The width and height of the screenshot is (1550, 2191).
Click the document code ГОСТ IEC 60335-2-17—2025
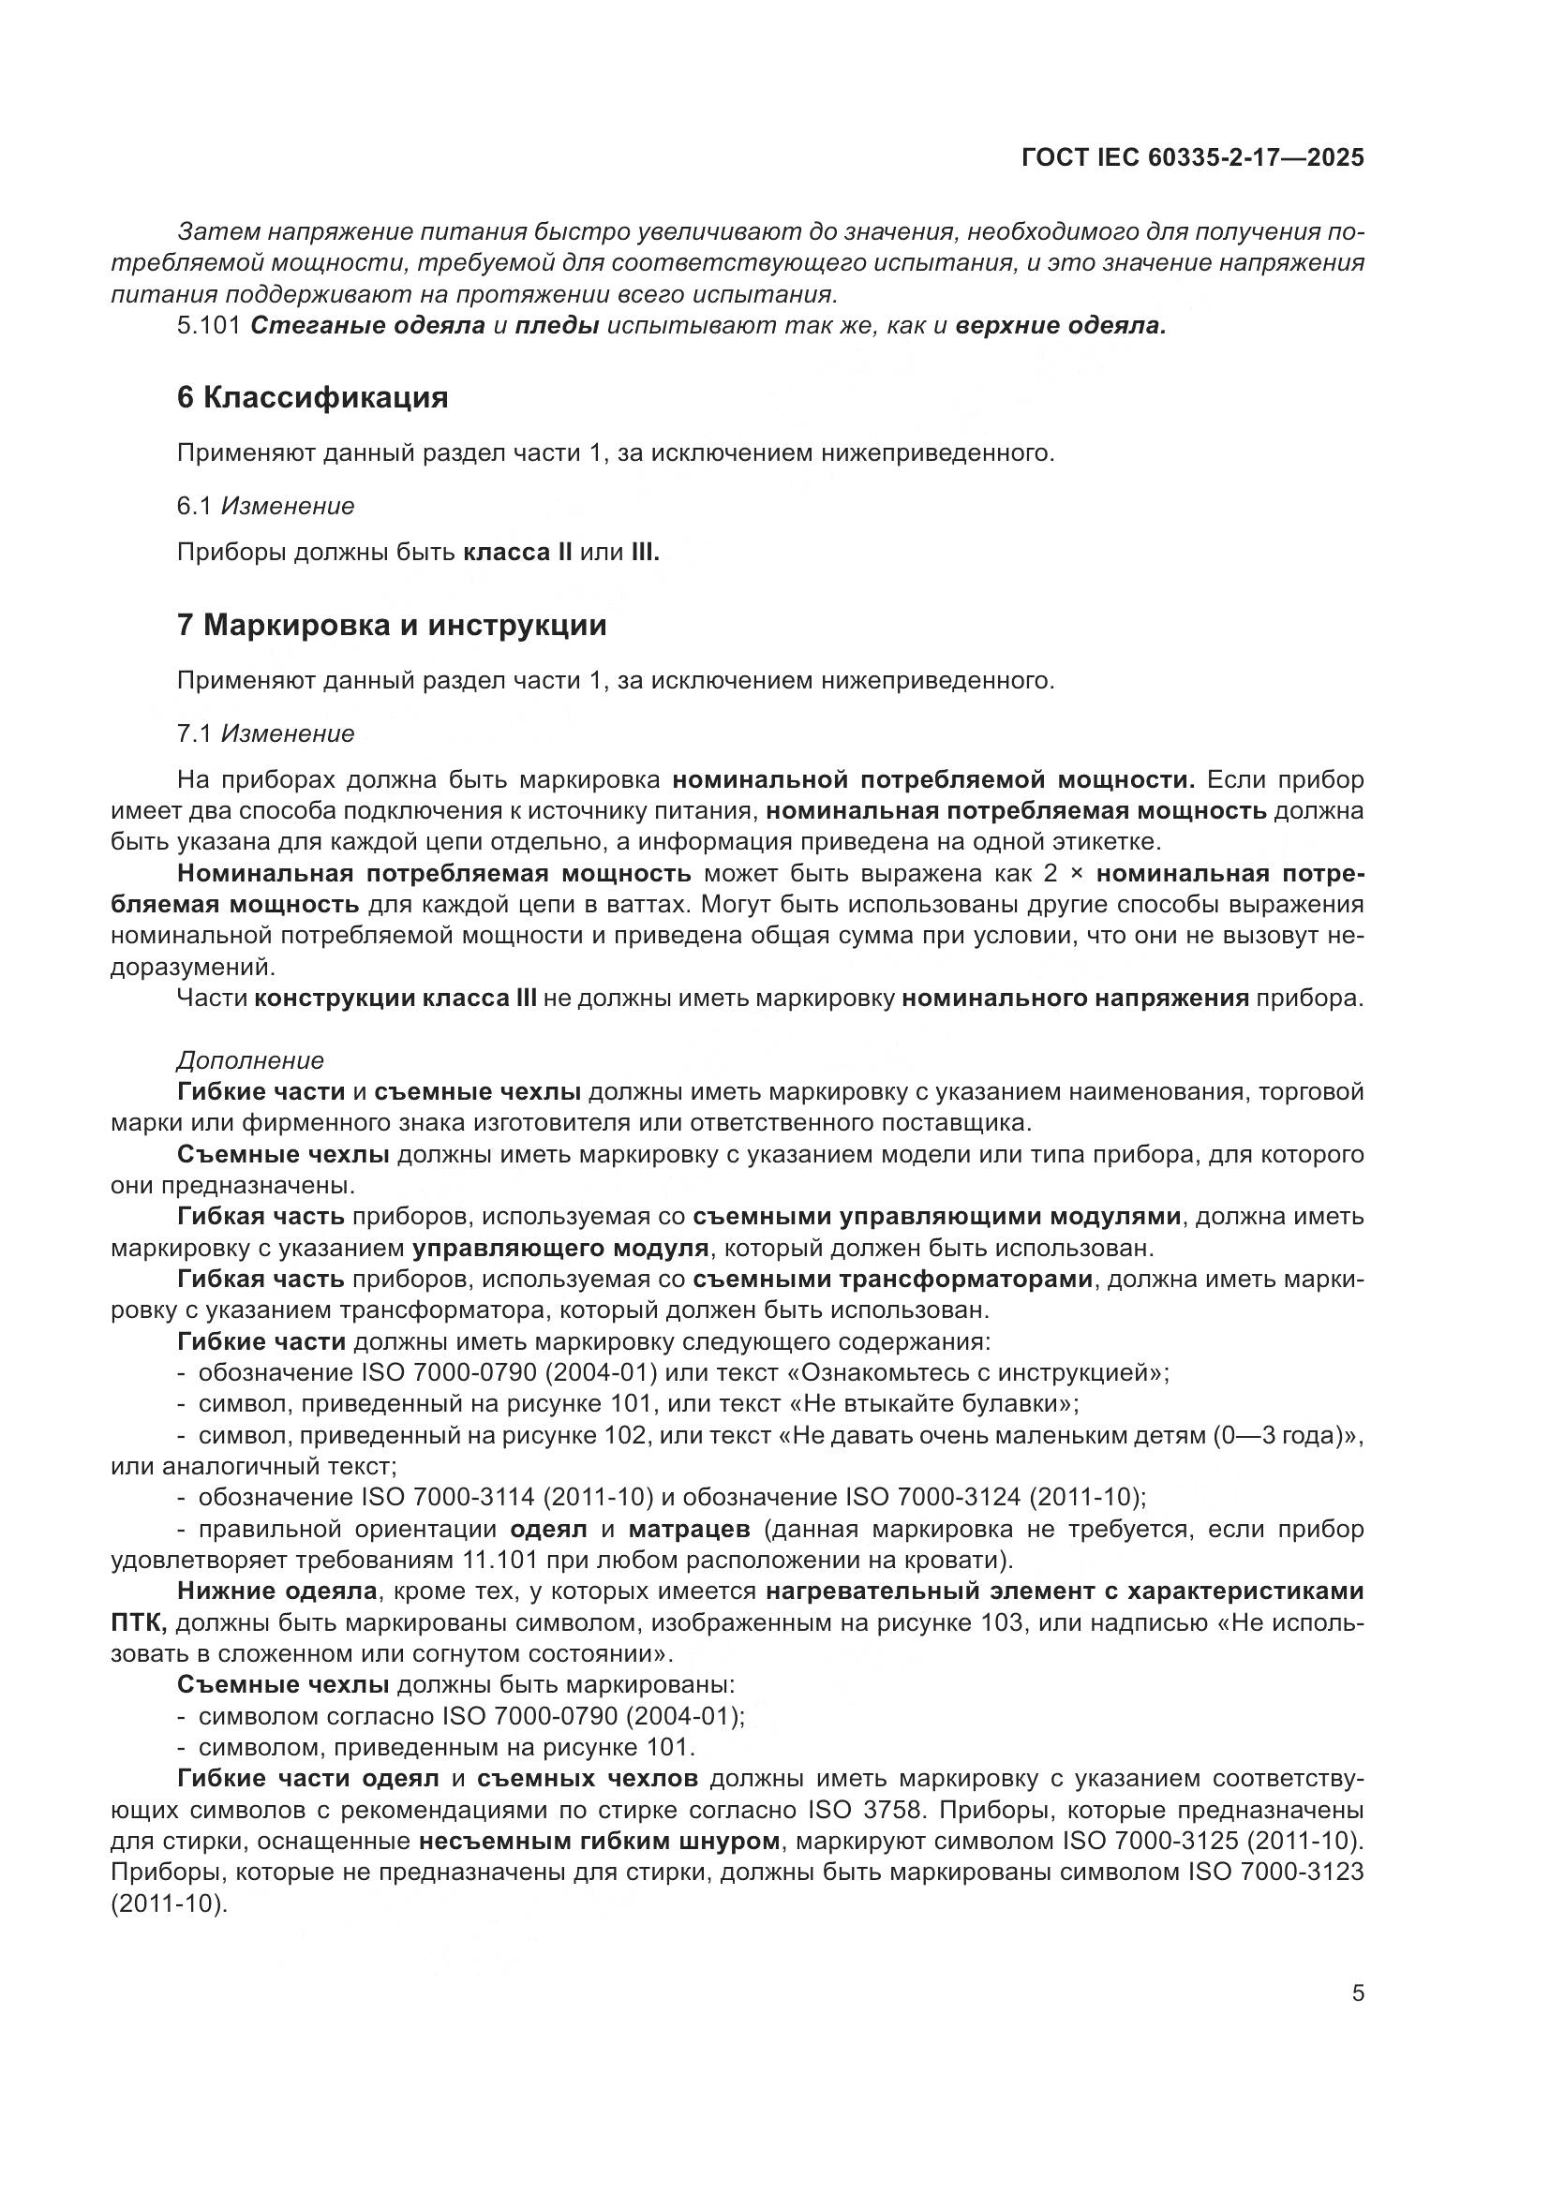pos(1192,157)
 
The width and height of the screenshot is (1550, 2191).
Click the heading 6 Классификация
pos(312,397)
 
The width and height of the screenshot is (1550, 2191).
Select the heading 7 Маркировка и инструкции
pos(392,625)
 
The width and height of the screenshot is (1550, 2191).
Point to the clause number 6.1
pos(194,506)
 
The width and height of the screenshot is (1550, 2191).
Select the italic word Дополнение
pos(250,1060)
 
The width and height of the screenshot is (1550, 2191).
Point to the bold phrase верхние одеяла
pos(1061,325)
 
